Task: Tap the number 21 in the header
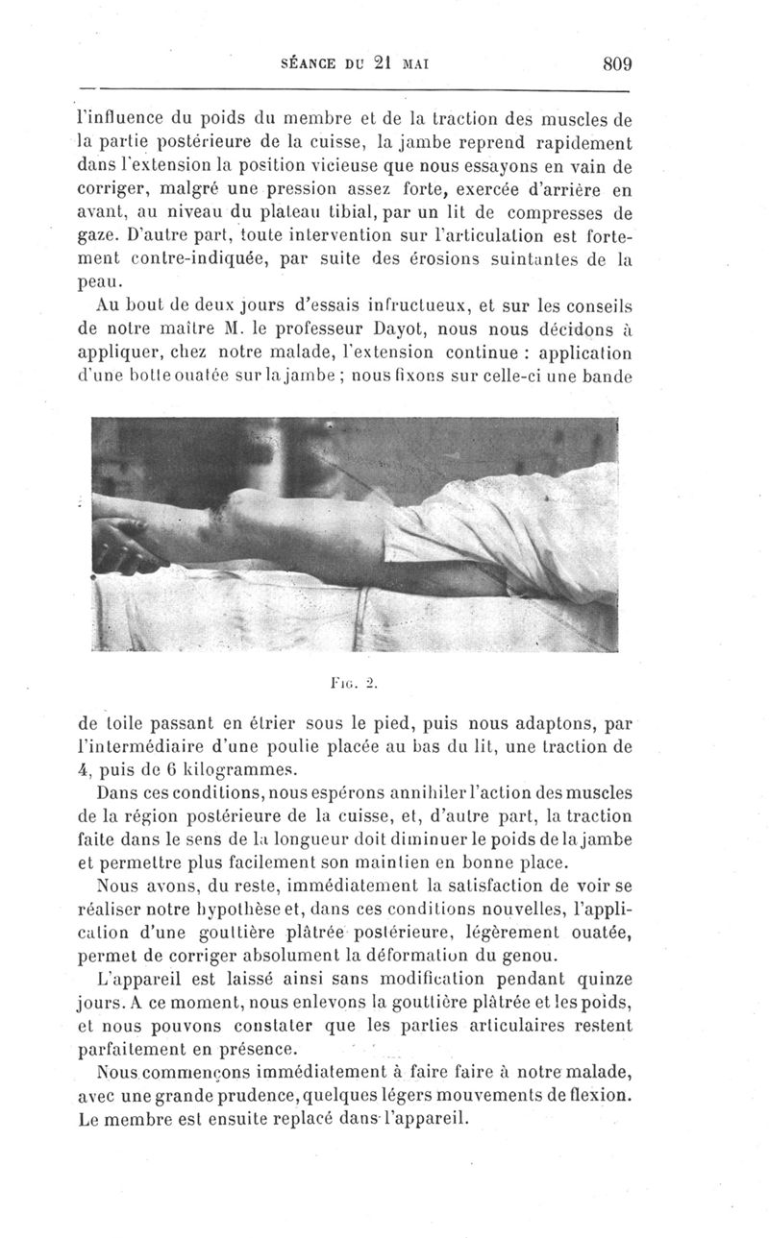coord(384,64)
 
